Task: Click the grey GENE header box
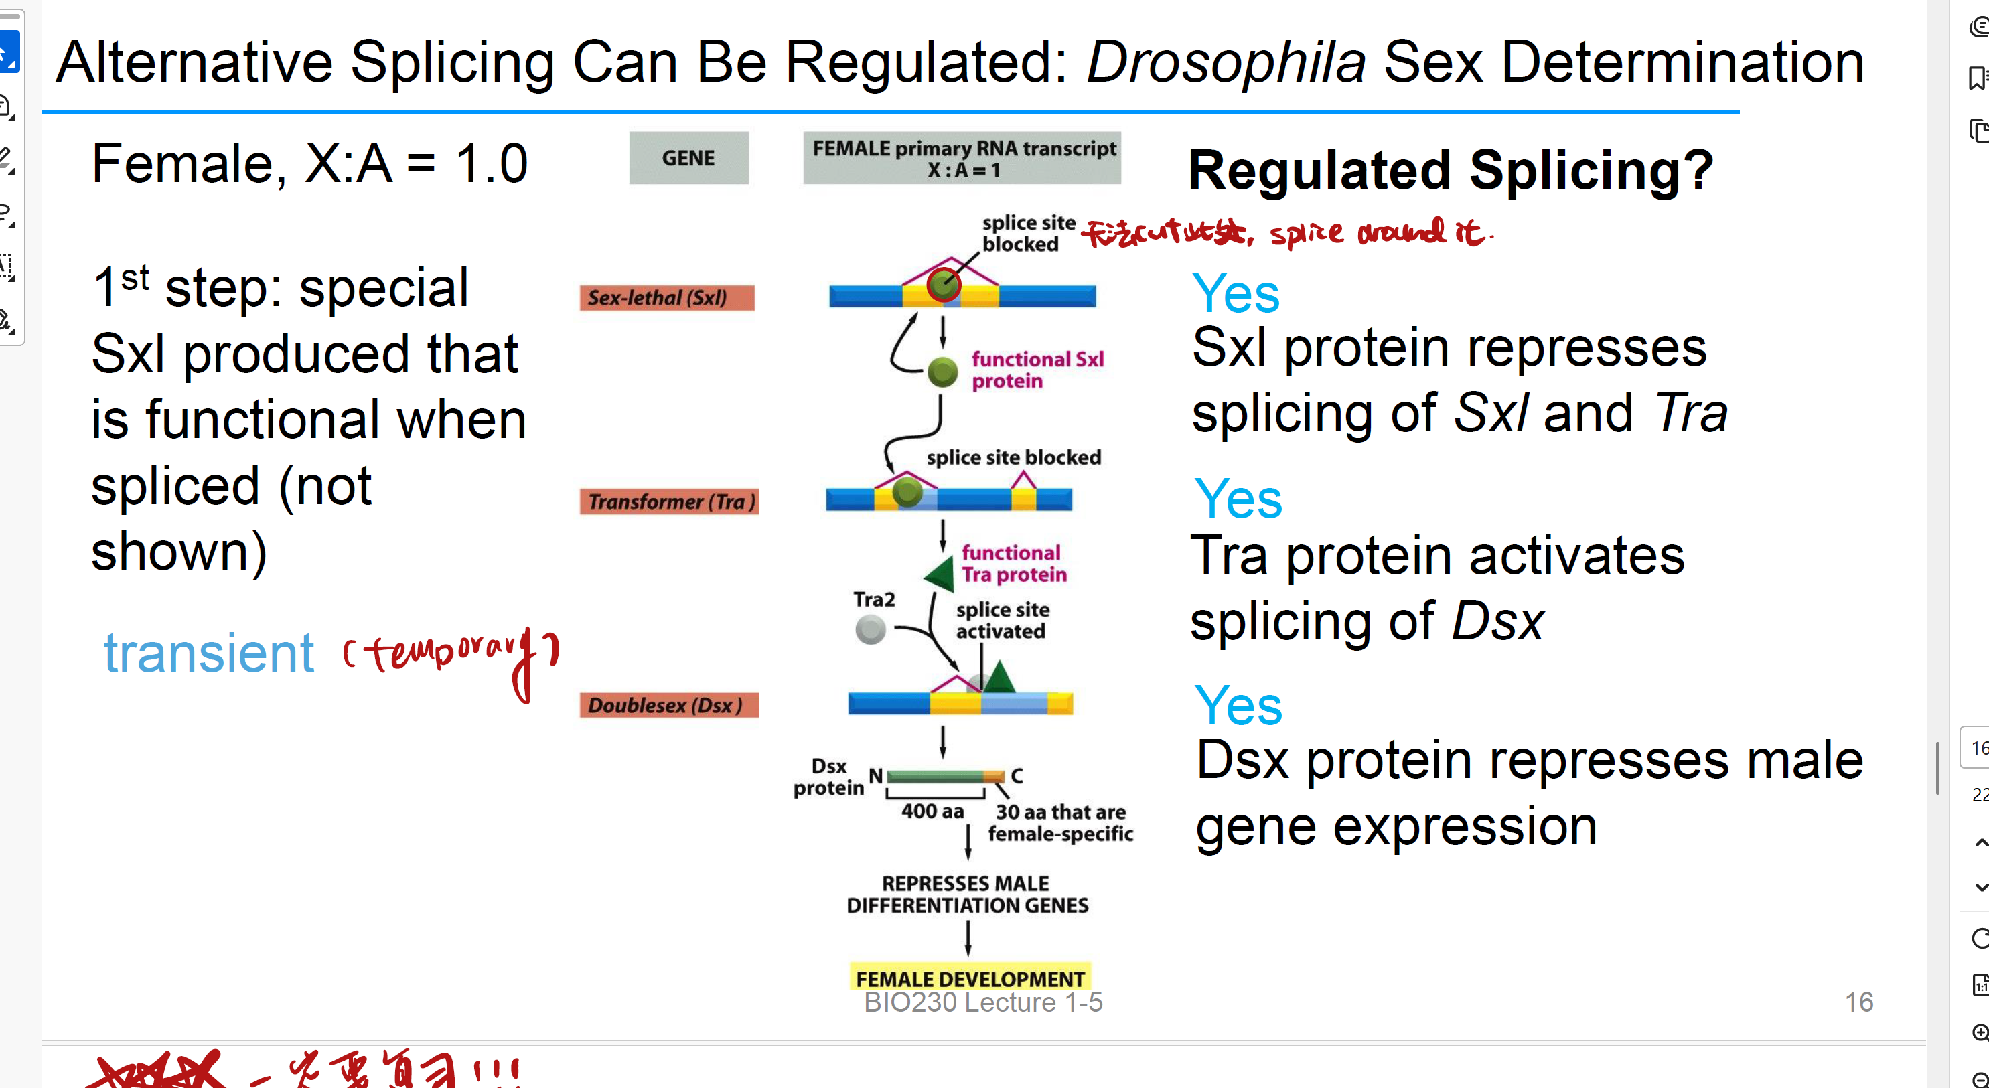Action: point(688,157)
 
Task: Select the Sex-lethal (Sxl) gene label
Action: point(666,297)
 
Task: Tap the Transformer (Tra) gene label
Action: point(668,502)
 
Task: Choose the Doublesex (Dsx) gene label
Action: point(668,705)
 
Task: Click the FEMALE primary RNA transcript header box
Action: point(962,157)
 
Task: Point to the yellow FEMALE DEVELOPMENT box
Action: point(969,978)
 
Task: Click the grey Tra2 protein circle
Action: point(870,629)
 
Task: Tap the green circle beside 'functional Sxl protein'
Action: point(942,372)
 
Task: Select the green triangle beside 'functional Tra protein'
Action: point(941,574)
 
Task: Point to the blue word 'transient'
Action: point(208,653)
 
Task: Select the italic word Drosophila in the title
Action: point(1226,62)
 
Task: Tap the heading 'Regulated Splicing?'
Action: point(1449,170)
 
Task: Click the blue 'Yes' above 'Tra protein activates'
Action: point(1237,499)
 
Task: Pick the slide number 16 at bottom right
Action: point(1858,1002)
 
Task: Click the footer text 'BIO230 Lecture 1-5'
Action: point(982,1002)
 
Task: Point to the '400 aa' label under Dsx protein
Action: point(932,811)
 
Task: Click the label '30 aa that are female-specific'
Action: point(1060,822)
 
